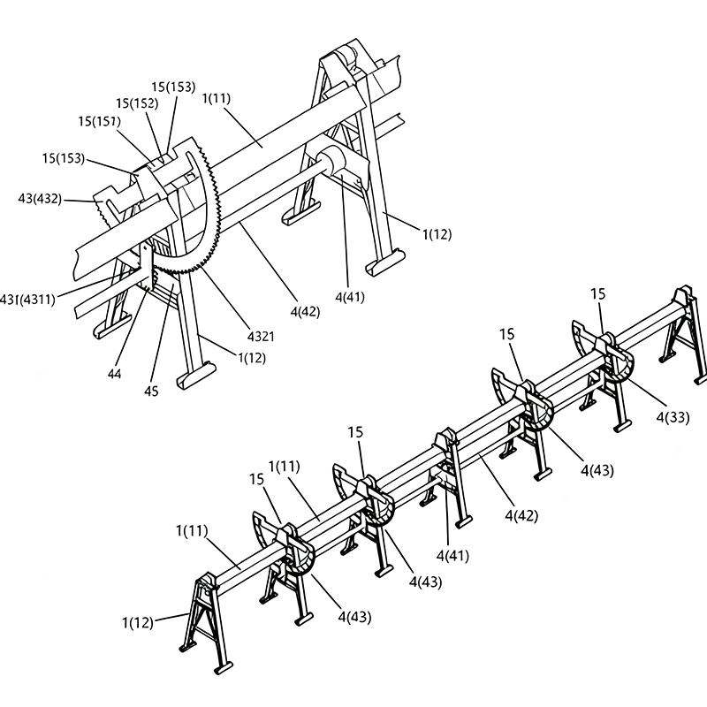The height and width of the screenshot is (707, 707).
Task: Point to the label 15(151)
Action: pyautogui.click(x=99, y=120)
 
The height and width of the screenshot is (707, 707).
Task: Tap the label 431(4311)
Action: pyautogui.click(x=27, y=300)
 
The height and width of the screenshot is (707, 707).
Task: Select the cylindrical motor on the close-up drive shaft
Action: pyautogui.click(x=330, y=163)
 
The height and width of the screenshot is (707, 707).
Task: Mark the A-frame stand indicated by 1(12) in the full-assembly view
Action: pyautogui.click(x=205, y=619)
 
